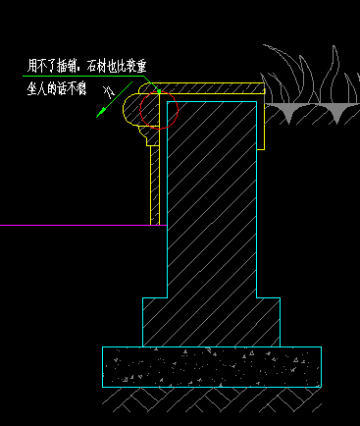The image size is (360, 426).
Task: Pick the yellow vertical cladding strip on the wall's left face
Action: click(x=155, y=186)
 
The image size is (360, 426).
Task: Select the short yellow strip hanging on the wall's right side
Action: click(x=262, y=123)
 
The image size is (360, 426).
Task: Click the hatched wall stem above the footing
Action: click(x=211, y=196)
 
